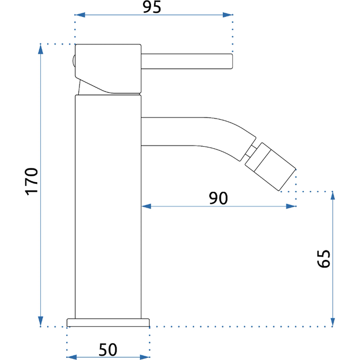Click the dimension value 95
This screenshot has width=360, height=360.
(x=152, y=7)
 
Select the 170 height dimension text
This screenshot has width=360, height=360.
(x=31, y=182)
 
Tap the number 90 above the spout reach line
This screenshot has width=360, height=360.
(x=218, y=198)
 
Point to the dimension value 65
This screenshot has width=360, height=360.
(x=323, y=258)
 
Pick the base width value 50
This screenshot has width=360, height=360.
(x=108, y=349)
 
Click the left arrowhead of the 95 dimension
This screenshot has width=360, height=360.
(x=80, y=15)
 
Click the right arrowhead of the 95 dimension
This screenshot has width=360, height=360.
(x=228, y=15)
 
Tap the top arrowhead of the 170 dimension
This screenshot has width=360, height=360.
(x=41, y=49)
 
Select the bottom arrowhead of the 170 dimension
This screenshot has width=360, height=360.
(x=41, y=321)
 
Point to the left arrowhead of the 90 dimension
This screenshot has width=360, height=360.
(x=147, y=206)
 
